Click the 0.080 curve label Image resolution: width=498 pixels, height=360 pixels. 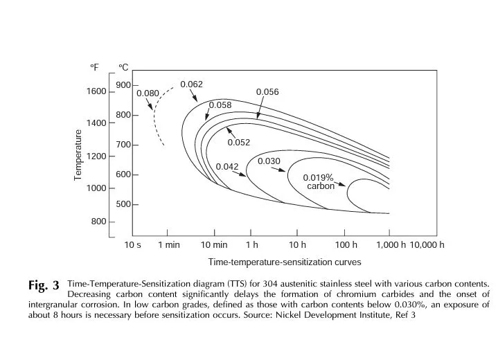coord(148,93)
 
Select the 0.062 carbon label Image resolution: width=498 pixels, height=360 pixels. coord(192,84)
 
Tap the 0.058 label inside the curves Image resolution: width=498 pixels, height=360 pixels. coord(220,105)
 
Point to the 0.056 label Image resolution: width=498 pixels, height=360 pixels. coord(267,92)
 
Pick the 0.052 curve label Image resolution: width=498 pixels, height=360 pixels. coord(239,143)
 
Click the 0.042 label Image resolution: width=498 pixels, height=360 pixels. coord(227,167)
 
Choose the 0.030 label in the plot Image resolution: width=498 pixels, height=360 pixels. coord(269,161)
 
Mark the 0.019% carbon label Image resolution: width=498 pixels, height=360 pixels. coord(319,182)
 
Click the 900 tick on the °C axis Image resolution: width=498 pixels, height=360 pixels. coord(123,85)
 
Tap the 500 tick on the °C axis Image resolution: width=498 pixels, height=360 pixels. coord(123,204)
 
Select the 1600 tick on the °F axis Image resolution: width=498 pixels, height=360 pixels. coord(96,91)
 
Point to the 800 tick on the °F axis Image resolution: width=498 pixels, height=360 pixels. coord(99,222)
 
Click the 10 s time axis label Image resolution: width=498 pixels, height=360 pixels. coord(133,245)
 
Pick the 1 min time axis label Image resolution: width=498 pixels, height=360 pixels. coord(169,245)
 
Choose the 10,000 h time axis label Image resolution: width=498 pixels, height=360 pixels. coord(427,245)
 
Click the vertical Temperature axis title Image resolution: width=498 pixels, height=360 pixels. coord(78,155)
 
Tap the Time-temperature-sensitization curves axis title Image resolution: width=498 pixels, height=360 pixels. coord(285,262)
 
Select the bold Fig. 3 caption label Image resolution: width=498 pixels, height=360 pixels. coord(44,285)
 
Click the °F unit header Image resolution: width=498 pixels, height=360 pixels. coord(94,67)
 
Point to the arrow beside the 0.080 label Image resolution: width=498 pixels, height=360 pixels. coord(149,104)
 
